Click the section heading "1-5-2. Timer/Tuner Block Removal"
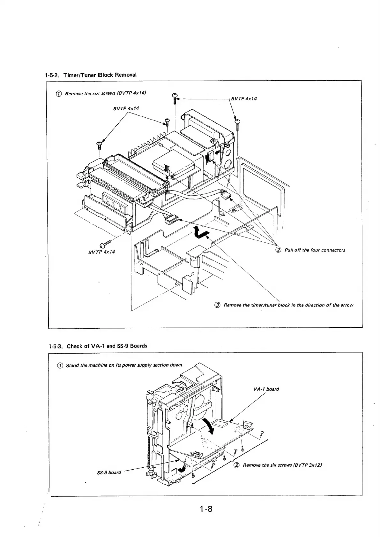[x=90, y=75]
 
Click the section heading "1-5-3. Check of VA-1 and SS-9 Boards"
[x=98, y=346]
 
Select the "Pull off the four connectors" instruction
[x=314, y=250]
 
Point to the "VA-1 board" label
[x=266, y=389]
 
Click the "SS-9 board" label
[x=109, y=472]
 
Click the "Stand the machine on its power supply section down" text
[x=124, y=365]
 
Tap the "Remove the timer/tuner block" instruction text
[x=288, y=305]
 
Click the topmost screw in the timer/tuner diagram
[x=175, y=97]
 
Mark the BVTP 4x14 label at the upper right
[x=244, y=98]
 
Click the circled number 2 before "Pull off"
[x=278, y=250]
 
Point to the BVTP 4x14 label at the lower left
[x=101, y=252]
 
